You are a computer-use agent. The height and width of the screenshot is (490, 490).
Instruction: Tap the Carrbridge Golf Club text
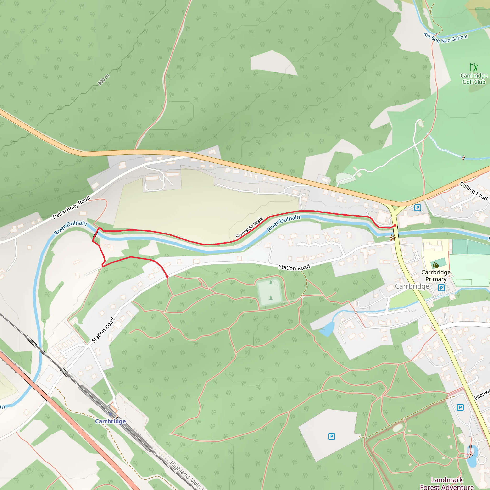point(474,79)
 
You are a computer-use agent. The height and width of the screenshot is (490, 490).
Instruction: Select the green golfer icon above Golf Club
point(473,67)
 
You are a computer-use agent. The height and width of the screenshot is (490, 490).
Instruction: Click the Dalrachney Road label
point(71,207)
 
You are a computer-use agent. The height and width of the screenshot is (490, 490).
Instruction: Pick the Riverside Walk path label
point(249,228)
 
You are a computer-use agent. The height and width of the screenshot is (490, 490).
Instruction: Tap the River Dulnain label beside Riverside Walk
point(283,223)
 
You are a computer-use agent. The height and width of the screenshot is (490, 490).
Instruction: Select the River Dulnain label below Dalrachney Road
point(70,227)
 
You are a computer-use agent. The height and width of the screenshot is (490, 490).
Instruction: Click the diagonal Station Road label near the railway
point(103,330)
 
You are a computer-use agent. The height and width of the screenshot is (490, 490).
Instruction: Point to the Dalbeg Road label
point(473,191)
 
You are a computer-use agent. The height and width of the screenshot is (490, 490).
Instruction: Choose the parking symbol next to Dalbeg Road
point(418,208)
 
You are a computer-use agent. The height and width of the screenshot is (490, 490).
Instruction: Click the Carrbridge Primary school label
point(436,276)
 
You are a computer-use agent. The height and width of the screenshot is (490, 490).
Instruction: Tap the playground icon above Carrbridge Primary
point(435,265)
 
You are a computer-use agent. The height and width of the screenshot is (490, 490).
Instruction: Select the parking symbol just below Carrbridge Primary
point(441,288)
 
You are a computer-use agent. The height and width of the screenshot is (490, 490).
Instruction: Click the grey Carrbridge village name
point(412,286)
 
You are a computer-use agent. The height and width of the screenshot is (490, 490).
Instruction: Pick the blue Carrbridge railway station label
point(110,421)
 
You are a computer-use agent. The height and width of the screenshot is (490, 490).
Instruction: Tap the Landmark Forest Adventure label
point(447,483)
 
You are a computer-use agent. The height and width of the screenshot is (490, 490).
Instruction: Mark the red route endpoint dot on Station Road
point(167,276)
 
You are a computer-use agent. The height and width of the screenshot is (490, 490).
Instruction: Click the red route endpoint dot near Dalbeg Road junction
point(395,225)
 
